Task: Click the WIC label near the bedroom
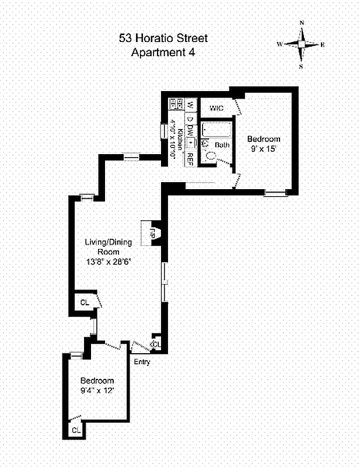tap(216, 108)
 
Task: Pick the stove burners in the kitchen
tap(173, 104)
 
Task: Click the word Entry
tap(142, 362)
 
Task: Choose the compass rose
tap(301, 44)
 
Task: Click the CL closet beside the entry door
tap(156, 344)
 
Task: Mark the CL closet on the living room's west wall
tap(85, 302)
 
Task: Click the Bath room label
tap(222, 145)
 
